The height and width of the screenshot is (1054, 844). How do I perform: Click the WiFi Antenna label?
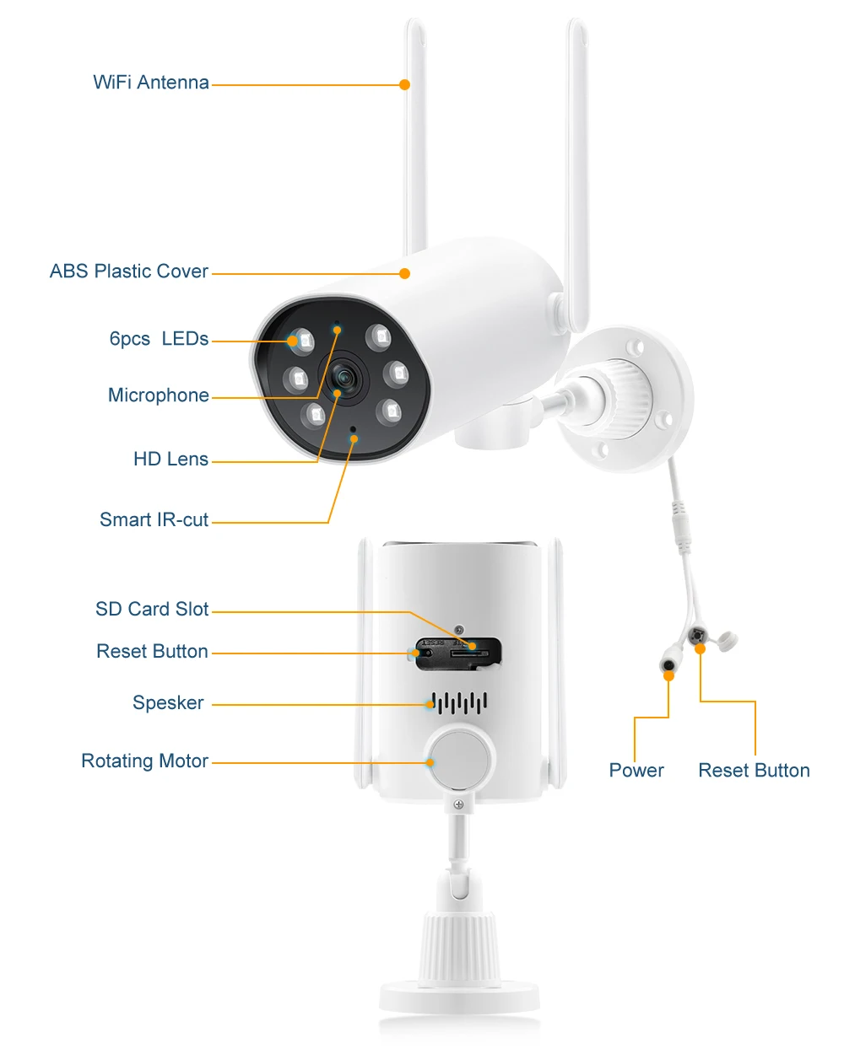(151, 83)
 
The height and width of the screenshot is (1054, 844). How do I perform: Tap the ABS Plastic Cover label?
(129, 272)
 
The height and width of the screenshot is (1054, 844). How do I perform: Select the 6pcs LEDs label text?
(159, 339)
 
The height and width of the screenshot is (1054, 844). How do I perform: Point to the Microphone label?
(159, 395)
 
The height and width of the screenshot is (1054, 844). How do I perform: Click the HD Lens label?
(170, 460)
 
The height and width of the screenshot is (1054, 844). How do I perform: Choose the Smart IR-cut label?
(154, 520)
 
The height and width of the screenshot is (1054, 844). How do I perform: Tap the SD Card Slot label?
(152, 610)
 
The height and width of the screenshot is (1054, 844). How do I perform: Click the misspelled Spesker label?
(168, 703)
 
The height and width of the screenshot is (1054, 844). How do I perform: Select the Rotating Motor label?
(144, 761)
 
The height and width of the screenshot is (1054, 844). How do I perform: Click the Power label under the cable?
(636, 771)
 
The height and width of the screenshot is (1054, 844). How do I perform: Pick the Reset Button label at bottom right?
(754, 771)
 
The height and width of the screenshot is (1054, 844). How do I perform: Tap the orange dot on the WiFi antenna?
(405, 84)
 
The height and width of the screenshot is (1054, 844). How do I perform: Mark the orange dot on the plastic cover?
(405, 273)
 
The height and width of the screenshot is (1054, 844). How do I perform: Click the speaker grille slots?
(459, 702)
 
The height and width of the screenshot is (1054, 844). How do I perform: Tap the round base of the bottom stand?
(459, 997)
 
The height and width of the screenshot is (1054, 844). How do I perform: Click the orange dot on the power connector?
(668, 675)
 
